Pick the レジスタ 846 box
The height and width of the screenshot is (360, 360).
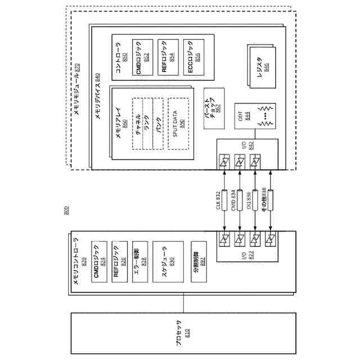262,67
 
